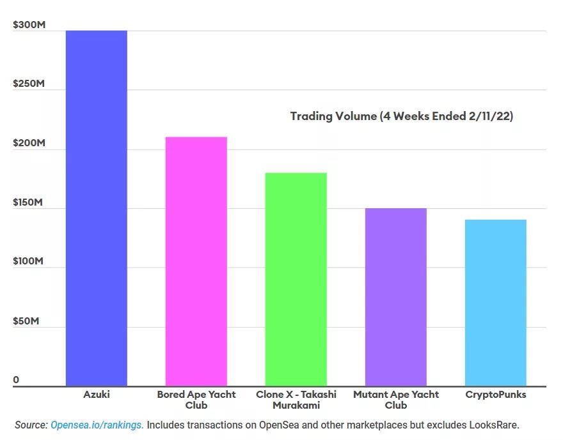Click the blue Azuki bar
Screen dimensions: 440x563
coord(96,208)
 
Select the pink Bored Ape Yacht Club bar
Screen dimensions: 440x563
coord(196,261)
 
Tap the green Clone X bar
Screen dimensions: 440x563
coord(296,279)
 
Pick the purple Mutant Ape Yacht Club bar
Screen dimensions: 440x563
coord(395,297)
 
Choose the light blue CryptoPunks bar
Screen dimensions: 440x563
coord(495,303)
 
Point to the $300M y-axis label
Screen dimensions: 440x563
coord(29,25)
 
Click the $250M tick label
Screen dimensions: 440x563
coord(29,84)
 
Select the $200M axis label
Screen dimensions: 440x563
coord(29,143)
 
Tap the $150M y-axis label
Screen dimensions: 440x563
coord(29,202)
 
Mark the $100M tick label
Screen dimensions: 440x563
coord(29,262)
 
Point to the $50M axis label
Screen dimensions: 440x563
coord(26,321)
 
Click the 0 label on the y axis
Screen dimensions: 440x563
coord(16,380)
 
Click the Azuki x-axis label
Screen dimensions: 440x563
coord(97,395)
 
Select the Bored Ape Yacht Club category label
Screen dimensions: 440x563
coord(196,400)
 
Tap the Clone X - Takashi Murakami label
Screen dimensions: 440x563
coord(296,400)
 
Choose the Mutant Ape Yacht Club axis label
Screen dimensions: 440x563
coord(396,400)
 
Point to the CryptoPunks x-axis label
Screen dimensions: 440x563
coord(496,395)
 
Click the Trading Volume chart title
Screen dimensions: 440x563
coord(401,116)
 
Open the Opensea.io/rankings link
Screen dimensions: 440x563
coord(97,425)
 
